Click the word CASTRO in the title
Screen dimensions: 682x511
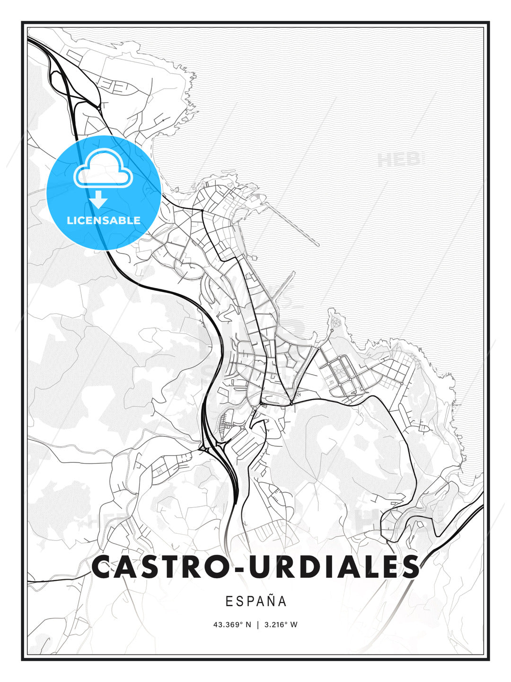tap(161, 567)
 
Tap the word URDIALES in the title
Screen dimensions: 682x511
tap(334, 567)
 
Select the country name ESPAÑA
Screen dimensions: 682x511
tap(256, 601)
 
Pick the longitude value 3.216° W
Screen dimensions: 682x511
tap(280, 625)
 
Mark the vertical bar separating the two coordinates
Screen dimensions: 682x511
tap(258, 625)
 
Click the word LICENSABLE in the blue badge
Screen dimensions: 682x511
tap(104, 220)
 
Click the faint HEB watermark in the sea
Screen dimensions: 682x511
tap(400, 160)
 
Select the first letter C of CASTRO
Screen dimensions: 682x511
tap(104, 567)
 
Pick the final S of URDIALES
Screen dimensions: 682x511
tap(407, 567)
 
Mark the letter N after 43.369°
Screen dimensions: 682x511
tap(249, 625)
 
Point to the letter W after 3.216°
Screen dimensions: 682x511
tap(294, 625)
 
